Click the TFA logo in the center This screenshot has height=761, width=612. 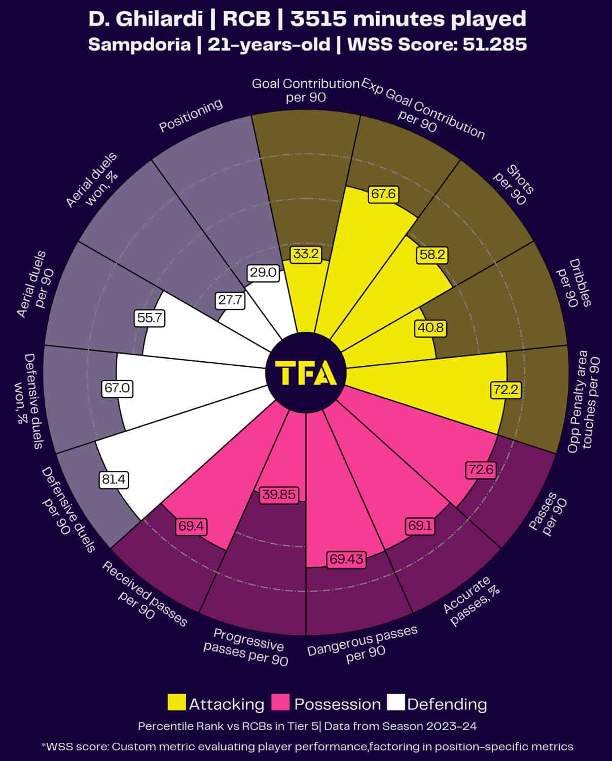pyautogui.click(x=306, y=373)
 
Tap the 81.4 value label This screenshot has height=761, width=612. pyautogui.click(x=114, y=479)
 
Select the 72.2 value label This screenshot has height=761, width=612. pyautogui.click(x=506, y=390)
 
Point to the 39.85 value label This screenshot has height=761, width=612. pyautogui.click(x=278, y=495)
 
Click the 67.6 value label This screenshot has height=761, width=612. pyautogui.click(x=383, y=194)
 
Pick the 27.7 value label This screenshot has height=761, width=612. pyautogui.click(x=230, y=300)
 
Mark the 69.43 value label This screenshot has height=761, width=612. pyautogui.click(x=346, y=559)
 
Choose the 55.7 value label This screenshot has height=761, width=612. pyautogui.click(x=151, y=318)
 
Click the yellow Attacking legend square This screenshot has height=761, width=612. pyautogui.click(x=176, y=703)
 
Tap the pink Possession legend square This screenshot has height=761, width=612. pyautogui.click(x=280, y=703)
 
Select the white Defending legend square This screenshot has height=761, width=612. pyautogui.click(x=396, y=703)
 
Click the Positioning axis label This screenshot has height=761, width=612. pyautogui.click(x=191, y=115)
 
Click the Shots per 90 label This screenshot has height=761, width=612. pyautogui.click(x=513, y=184)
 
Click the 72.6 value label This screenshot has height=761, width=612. pyautogui.click(x=480, y=469)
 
